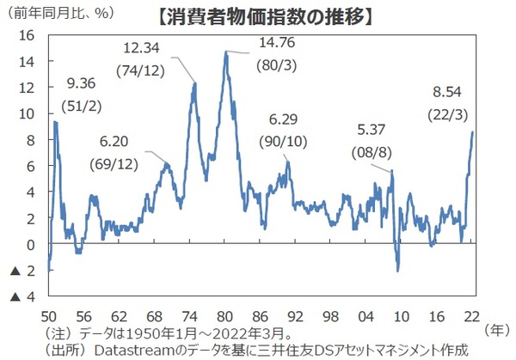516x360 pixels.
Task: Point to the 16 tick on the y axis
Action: click(x=26, y=35)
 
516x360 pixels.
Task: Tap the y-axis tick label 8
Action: click(x=29, y=140)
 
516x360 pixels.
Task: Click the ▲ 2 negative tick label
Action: click(x=21, y=272)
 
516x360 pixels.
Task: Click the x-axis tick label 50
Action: click(x=49, y=314)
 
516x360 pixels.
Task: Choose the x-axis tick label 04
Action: click(x=367, y=314)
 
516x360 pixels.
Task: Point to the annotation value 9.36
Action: click(x=82, y=84)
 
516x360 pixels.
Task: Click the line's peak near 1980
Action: click(x=226, y=52)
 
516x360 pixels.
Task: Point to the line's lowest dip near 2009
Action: click(x=397, y=271)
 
